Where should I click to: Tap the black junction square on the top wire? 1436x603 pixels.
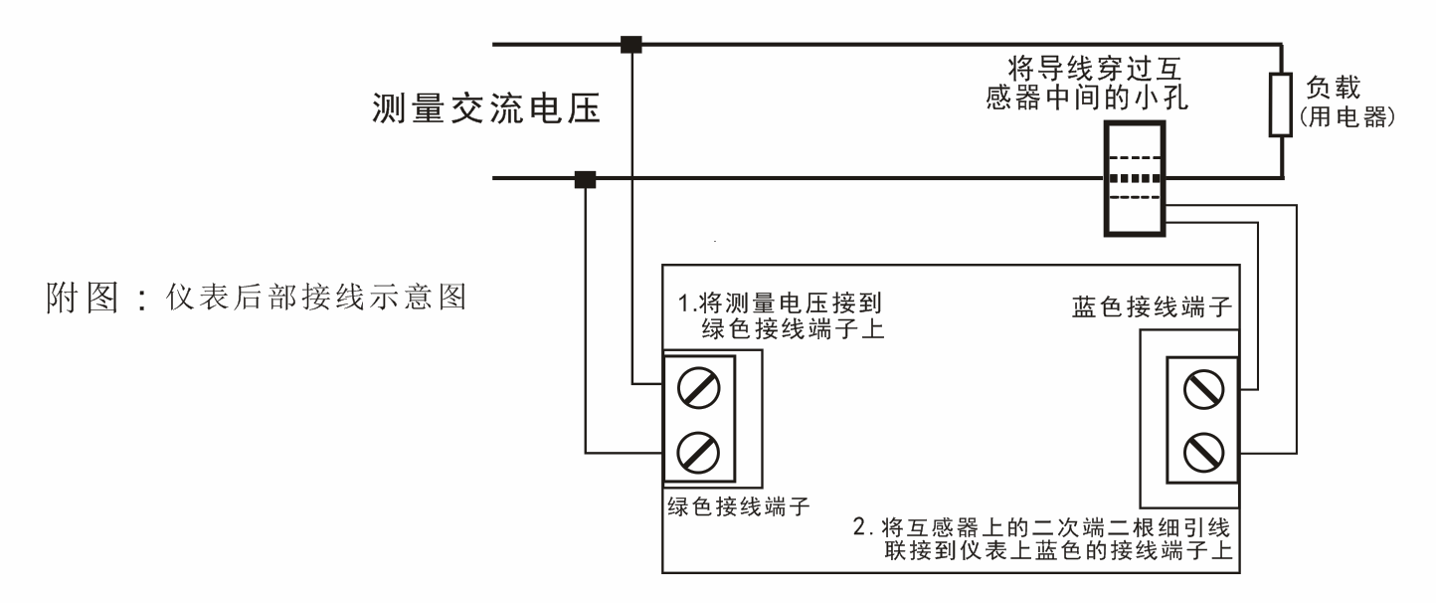pyautogui.click(x=630, y=44)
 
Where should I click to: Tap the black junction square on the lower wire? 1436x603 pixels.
pyautogui.click(x=585, y=179)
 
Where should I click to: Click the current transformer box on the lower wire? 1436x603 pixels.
pyautogui.click(x=1134, y=179)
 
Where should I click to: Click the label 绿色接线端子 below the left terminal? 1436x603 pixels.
pyautogui.click(x=735, y=503)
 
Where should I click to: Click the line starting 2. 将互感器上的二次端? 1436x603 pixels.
pyautogui.click(x=1044, y=525)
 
